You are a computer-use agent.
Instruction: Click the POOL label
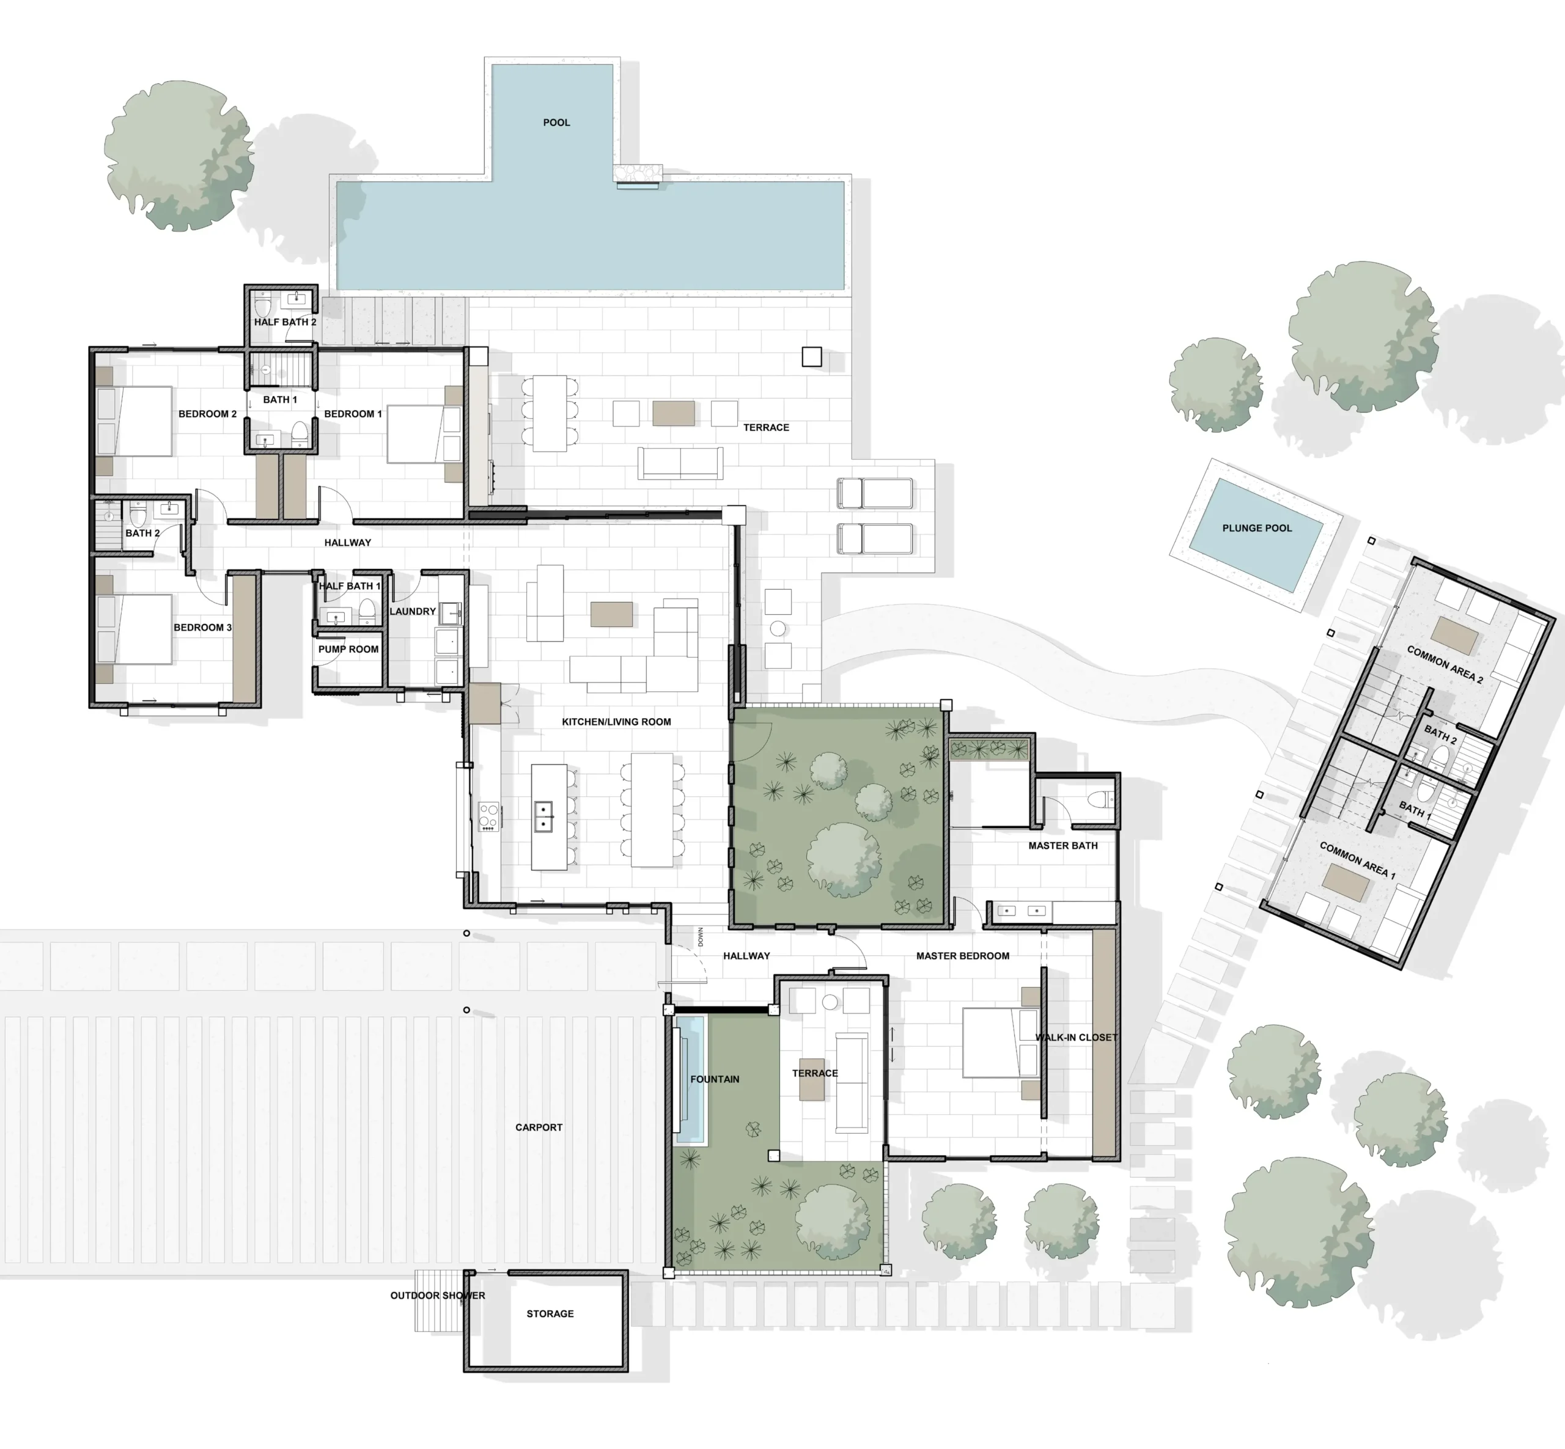click(556, 122)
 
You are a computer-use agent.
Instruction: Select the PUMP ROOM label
click(348, 649)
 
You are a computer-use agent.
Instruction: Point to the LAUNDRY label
click(413, 612)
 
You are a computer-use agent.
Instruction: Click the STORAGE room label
click(550, 1313)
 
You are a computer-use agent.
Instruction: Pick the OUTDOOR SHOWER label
click(438, 1296)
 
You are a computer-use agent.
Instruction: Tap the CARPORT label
click(539, 1128)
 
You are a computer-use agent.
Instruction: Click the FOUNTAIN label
click(715, 1079)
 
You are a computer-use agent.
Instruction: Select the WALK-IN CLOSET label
click(1077, 1037)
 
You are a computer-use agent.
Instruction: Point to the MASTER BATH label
click(1063, 845)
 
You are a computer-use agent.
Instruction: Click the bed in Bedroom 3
click(135, 629)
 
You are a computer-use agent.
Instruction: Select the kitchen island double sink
click(543, 816)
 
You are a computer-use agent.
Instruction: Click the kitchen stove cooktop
click(488, 816)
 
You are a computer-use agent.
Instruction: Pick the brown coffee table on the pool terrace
click(673, 413)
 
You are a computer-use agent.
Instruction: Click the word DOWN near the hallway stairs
click(701, 936)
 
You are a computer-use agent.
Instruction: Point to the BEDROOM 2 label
click(207, 414)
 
